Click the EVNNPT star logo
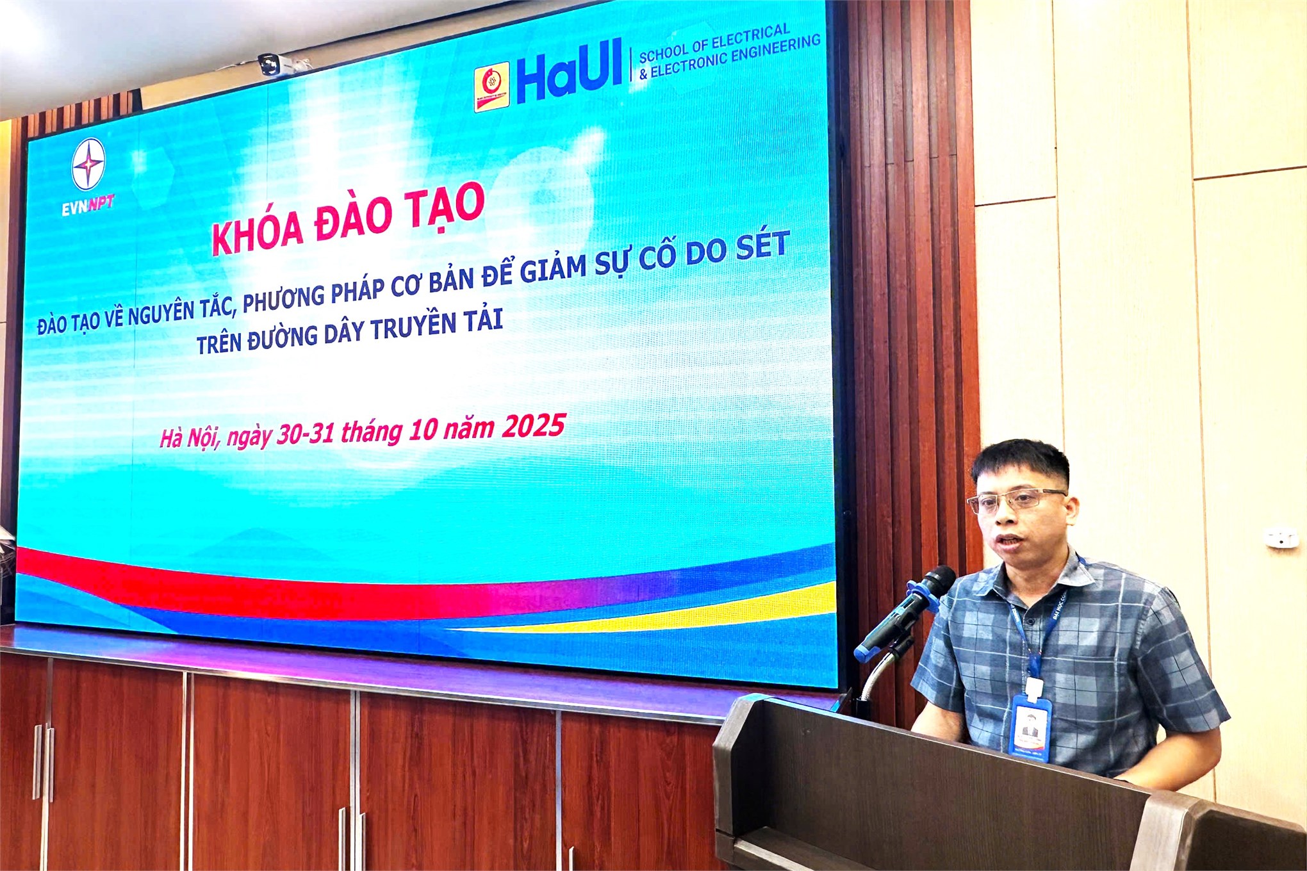(88, 165)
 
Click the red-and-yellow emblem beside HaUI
(491, 86)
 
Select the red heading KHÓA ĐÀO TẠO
(347, 218)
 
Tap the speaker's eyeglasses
(1014, 500)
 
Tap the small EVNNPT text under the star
(88, 205)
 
